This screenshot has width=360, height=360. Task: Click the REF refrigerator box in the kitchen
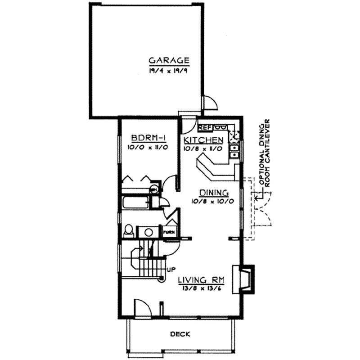pyautogui.click(x=205, y=127)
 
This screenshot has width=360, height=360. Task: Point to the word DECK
pyautogui.click(x=180, y=334)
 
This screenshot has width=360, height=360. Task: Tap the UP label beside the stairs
pyautogui.click(x=171, y=270)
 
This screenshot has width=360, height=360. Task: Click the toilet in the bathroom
pyautogui.click(x=128, y=231)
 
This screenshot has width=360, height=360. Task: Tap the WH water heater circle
pyautogui.click(x=153, y=190)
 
